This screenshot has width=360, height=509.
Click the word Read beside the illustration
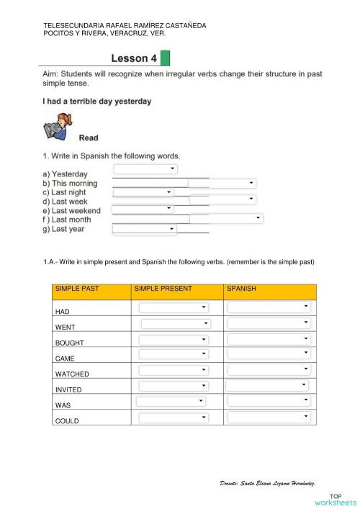click(x=89, y=138)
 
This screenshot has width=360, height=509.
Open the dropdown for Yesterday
click(x=145, y=169)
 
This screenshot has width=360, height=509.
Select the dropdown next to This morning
click(x=222, y=184)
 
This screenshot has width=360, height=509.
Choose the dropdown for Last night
click(x=143, y=193)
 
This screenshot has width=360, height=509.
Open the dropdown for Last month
click(x=226, y=217)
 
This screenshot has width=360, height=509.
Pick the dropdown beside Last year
click(x=145, y=229)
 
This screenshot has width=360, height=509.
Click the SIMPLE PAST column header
click(x=77, y=289)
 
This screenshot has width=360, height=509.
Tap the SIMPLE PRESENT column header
click(x=163, y=289)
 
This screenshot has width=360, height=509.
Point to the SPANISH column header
click(x=241, y=289)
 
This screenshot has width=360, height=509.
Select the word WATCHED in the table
click(x=72, y=374)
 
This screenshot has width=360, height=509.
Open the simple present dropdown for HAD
click(x=174, y=307)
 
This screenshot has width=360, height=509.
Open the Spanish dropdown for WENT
click(x=269, y=323)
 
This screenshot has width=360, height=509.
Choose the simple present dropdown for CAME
click(x=174, y=354)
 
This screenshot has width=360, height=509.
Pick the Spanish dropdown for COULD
click(x=269, y=418)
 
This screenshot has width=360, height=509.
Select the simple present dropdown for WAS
click(x=171, y=402)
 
